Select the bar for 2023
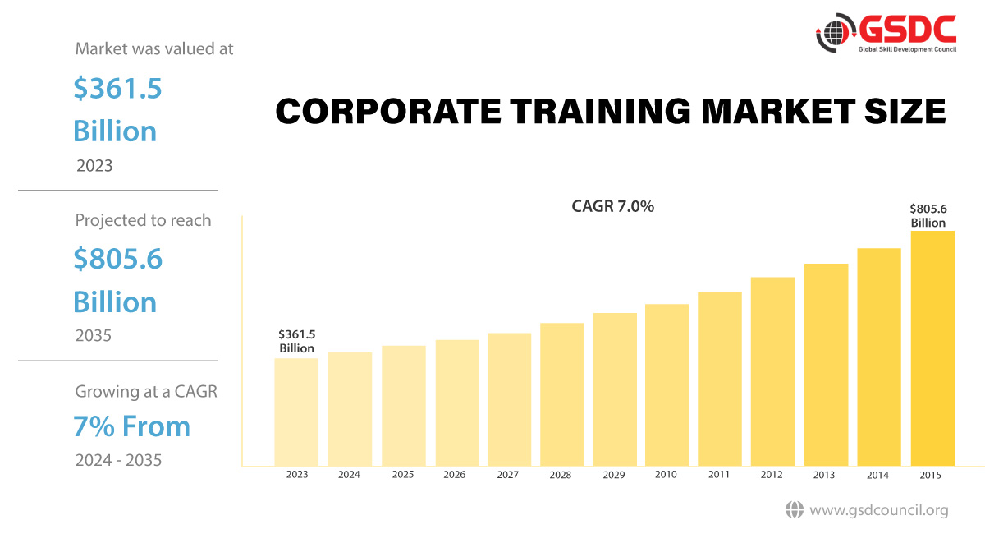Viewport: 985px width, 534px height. (296, 412)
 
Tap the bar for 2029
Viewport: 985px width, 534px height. (615, 389)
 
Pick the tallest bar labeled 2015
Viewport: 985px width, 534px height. (932, 348)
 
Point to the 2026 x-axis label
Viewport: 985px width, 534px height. (455, 475)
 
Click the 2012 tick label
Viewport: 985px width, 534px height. (772, 475)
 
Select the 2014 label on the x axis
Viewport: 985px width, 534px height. (878, 475)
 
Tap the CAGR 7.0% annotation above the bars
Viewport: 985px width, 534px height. (612, 207)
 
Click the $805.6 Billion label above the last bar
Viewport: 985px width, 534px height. (928, 216)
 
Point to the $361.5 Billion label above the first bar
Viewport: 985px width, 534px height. (296, 341)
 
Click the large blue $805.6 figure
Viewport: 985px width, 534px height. (117, 259)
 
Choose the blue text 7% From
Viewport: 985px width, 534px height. (131, 426)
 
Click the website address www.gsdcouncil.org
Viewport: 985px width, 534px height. (878, 510)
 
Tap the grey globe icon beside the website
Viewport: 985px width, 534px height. (794, 510)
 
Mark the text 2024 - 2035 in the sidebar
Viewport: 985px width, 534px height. (118, 460)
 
